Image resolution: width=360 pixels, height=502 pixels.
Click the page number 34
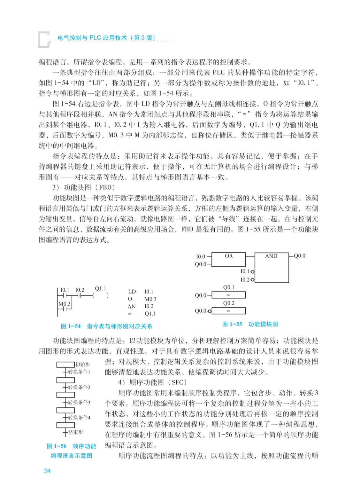pos(47,471)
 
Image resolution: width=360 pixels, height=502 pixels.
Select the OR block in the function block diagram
pos(229,259)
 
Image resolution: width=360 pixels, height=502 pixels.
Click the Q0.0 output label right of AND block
pos(300,256)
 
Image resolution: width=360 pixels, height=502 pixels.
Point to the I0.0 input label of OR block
pos(200,256)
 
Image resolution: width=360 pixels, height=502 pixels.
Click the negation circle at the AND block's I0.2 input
pos(253,280)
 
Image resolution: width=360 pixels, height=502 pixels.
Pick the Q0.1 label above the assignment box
pos(229,287)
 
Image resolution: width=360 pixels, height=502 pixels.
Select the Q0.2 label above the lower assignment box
pos(229,303)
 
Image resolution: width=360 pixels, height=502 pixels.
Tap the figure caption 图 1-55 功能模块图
pos(250,324)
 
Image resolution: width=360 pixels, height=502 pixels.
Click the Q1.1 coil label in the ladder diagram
pos(100,288)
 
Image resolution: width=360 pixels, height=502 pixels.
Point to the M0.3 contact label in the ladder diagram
pos(64,304)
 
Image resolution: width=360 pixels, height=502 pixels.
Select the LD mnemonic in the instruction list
pos(132,292)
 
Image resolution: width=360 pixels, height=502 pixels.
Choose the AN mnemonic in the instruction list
pos(132,307)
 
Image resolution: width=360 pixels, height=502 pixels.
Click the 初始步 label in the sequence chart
pos(82,364)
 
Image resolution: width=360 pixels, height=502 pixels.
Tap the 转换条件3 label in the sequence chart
pos(79,402)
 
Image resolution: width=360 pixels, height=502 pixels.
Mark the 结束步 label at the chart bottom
pos(75,432)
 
